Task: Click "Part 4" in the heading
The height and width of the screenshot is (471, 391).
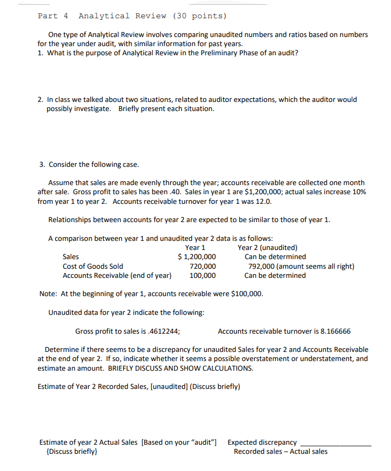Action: (53, 16)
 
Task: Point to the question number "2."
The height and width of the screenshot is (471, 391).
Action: (41, 100)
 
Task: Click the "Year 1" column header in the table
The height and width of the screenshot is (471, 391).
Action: (195, 247)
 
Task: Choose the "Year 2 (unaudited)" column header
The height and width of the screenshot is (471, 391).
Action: (268, 247)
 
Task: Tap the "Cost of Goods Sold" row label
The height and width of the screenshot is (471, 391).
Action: (93, 266)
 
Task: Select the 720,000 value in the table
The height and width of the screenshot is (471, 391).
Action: (203, 266)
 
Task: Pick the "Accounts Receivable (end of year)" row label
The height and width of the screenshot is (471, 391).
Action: (117, 275)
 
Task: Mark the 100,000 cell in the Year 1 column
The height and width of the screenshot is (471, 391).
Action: (203, 275)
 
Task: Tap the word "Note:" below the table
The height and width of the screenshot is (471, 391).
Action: (49, 294)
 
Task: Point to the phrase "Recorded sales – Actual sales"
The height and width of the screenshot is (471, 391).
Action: (281, 452)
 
